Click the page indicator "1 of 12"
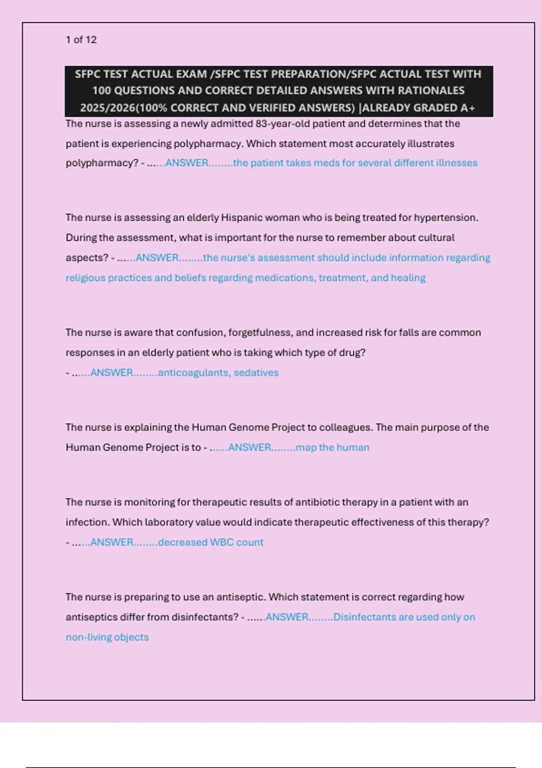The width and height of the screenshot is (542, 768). (x=81, y=40)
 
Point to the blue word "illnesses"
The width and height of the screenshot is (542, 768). (x=457, y=163)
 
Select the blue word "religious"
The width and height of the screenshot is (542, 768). (x=85, y=277)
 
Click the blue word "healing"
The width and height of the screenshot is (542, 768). (x=408, y=277)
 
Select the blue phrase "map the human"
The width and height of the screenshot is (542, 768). (x=332, y=447)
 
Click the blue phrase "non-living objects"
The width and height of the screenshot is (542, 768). (x=107, y=637)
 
